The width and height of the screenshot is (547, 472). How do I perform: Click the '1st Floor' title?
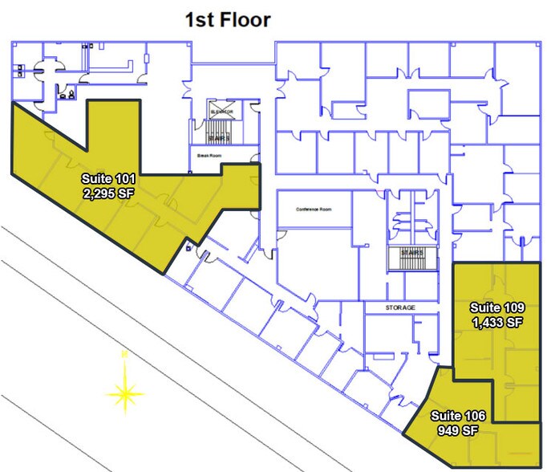click(x=228, y=20)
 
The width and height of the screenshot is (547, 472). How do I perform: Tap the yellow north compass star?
click(x=125, y=393)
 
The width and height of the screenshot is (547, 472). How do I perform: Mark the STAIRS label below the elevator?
click(x=221, y=138)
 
